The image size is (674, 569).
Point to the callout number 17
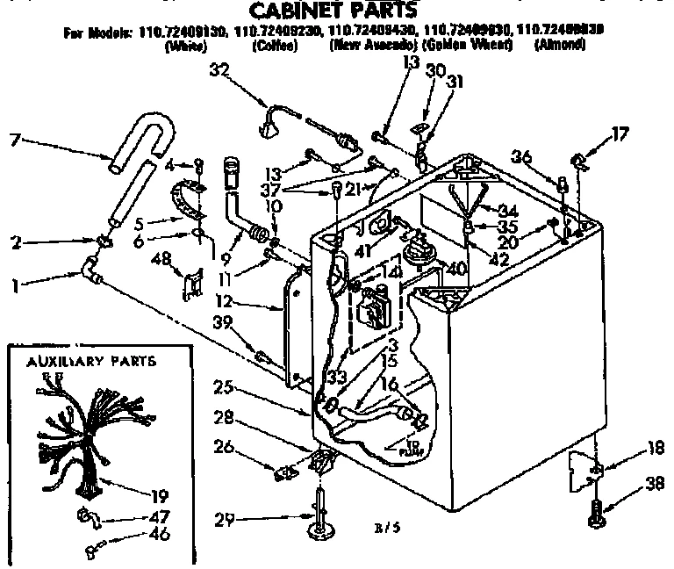pos(620,134)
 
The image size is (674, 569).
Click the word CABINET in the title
pos(289,11)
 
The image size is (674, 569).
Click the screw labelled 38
pos(598,512)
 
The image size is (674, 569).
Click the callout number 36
pos(521,156)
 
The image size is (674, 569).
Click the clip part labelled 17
pos(579,160)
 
